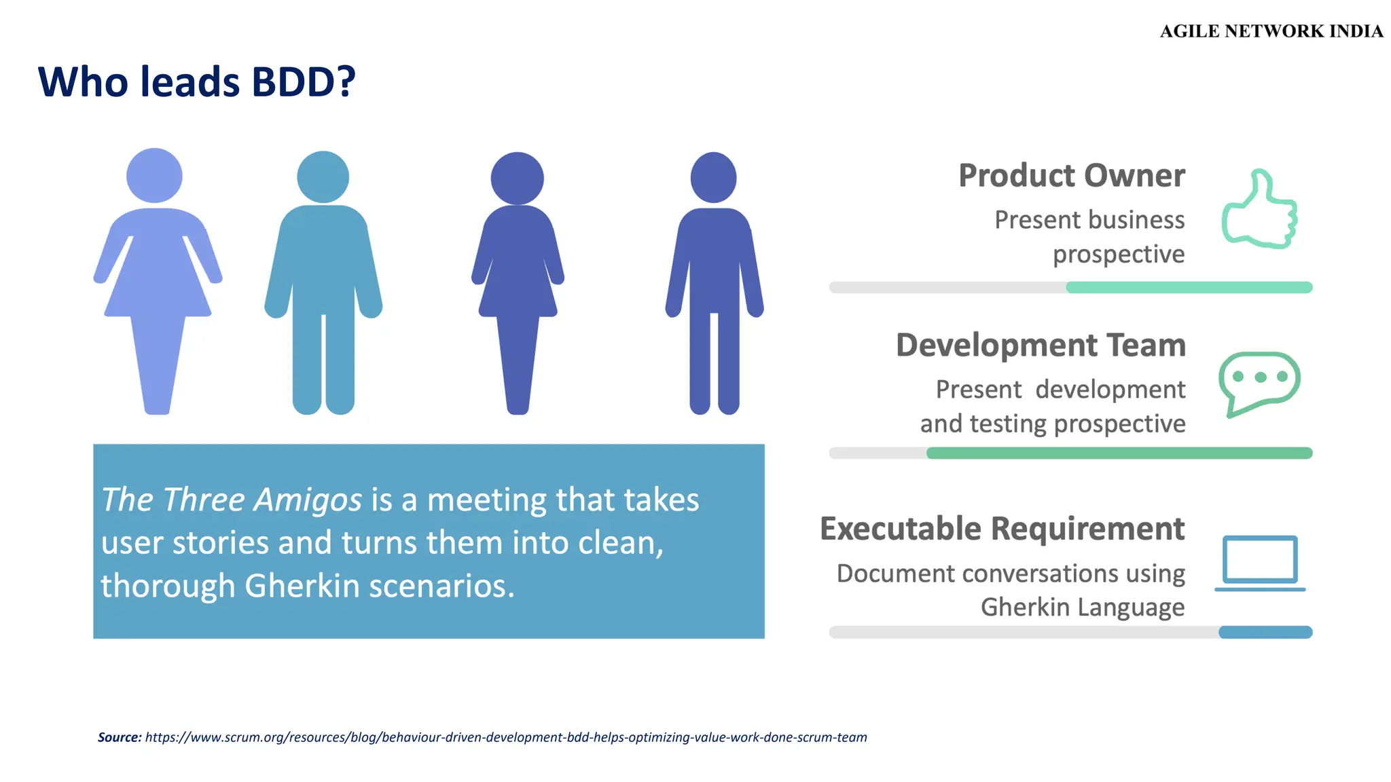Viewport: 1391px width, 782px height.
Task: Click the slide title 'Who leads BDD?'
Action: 197,82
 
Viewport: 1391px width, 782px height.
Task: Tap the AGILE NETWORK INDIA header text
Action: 1271,31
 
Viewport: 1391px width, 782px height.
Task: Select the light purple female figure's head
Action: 154,175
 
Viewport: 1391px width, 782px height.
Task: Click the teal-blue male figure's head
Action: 323,177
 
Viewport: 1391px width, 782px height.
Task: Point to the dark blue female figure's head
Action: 517,179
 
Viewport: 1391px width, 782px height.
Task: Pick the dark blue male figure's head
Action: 713,178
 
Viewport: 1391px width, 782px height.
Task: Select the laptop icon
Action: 1260,562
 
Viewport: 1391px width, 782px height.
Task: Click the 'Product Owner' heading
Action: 1072,176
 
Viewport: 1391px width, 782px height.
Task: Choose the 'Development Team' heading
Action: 1041,346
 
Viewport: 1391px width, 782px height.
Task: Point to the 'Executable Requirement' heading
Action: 1002,529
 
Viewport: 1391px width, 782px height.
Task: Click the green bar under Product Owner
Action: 1189,288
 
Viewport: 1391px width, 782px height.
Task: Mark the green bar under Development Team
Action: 1119,453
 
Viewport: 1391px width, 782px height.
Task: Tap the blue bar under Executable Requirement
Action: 1265,633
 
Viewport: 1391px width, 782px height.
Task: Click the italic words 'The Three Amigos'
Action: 232,500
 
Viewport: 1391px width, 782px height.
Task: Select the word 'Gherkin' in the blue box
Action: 302,586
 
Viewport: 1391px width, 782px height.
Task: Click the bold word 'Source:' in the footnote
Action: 120,737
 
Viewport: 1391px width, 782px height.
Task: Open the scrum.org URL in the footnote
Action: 506,737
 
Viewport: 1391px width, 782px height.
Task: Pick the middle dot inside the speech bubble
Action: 1261,377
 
